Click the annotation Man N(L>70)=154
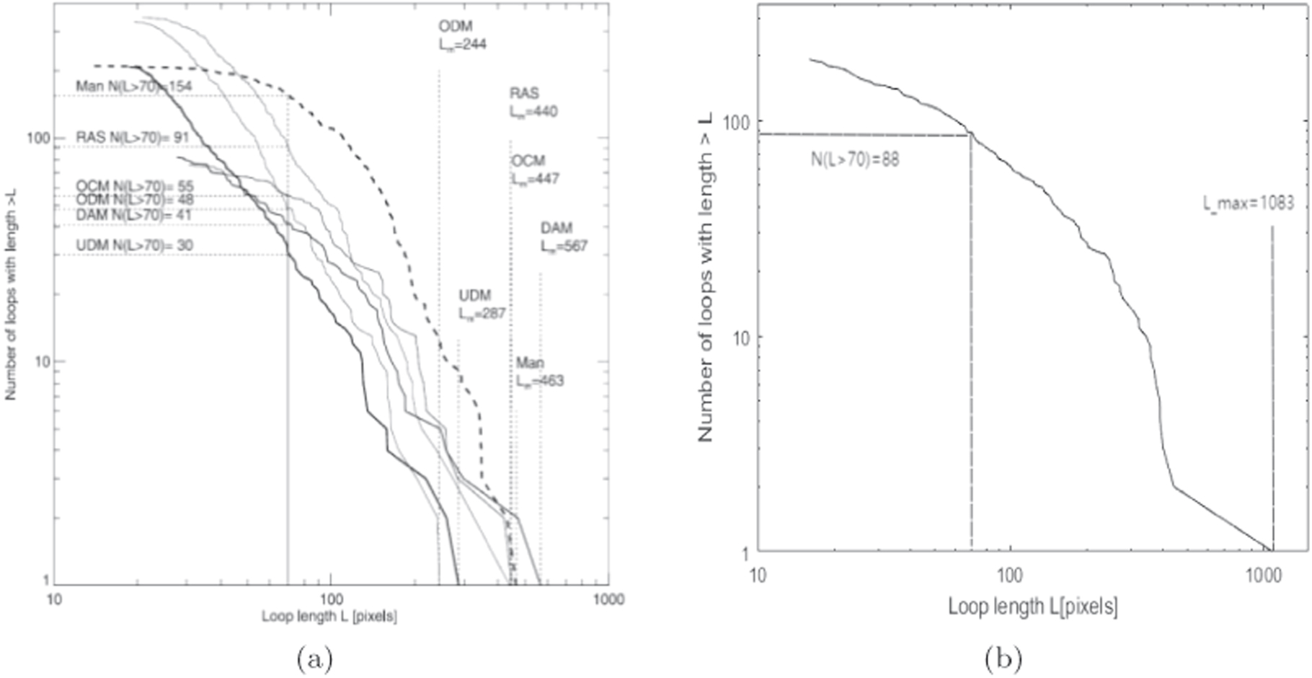point(133,87)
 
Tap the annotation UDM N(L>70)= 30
point(134,245)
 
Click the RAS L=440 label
point(533,102)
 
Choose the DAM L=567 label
point(564,237)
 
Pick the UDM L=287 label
point(482,304)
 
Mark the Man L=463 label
point(539,371)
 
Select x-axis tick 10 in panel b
point(757,575)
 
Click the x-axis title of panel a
point(329,617)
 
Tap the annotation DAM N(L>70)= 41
point(133,215)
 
